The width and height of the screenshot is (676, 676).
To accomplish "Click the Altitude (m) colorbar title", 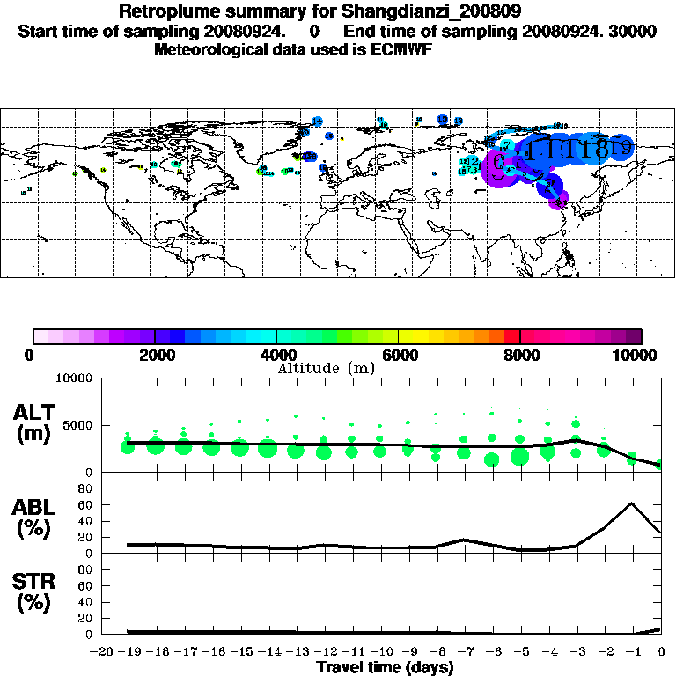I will pyautogui.click(x=325, y=368).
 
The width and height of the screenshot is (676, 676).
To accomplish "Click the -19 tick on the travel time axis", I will pyautogui.click(x=128, y=651).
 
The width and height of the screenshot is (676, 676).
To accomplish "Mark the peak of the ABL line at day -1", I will pyautogui.click(x=632, y=503).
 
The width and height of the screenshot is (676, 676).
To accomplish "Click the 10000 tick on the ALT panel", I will pyautogui.click(x=75, y=379).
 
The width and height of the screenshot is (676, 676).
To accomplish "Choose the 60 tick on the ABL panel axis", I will pyautogui.click(x=86, y=504).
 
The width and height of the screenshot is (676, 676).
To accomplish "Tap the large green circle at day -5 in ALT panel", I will pyautogui.click(x=519, y=456).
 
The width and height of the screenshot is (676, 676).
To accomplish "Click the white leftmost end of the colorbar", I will pyautogui.click(x=40, y=336).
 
